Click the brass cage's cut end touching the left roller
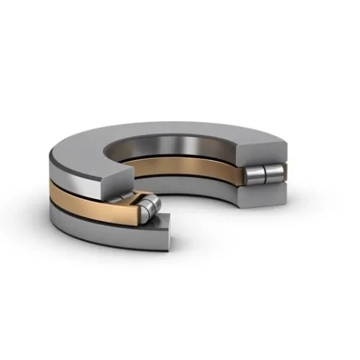[x=138, y=211]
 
